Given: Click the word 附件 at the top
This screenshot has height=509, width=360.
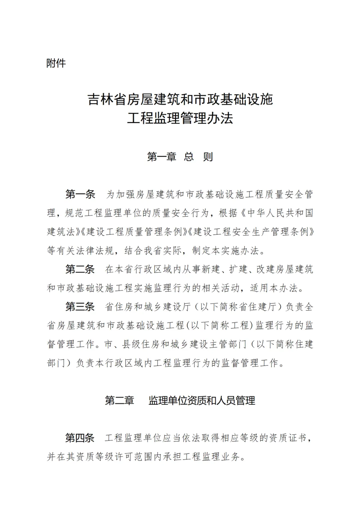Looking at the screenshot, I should coord(56,63).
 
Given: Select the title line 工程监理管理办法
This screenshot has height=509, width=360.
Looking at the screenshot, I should coord(180,118).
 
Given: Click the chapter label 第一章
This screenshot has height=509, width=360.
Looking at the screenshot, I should coord(162,157).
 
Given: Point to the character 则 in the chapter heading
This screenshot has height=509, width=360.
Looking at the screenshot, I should coord(208,157).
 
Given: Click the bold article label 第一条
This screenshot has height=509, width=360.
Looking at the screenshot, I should coord(80,194).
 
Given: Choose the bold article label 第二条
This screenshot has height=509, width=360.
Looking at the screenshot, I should coord(80,269).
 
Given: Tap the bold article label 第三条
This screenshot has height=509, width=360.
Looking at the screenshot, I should coord(80,307).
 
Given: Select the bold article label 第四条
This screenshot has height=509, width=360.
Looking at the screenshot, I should coord(80,438).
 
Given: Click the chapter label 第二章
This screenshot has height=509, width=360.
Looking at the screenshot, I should coord(119,400).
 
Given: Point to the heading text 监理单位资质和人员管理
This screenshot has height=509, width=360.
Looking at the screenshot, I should coord(202,400).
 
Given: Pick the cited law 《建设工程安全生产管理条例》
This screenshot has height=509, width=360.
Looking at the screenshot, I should coord(251,232).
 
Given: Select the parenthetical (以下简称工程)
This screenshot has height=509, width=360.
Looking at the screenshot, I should coord(219,325).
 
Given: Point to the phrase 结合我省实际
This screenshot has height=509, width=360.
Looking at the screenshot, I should coord(153,250).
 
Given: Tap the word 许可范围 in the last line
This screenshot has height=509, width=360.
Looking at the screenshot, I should coord(129,457).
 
